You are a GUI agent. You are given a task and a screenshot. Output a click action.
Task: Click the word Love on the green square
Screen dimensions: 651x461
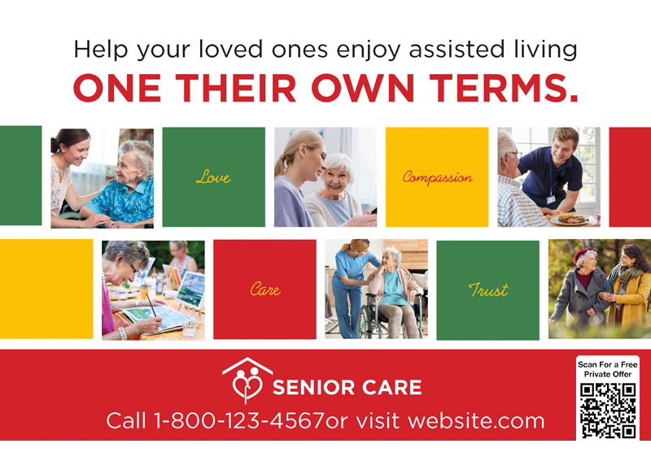click(x=213, y=177)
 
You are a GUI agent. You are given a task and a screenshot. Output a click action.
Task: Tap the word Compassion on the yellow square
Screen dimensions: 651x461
click(x=437, y=177)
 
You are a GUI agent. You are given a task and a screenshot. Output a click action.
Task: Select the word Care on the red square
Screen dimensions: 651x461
click(x=265, y=289)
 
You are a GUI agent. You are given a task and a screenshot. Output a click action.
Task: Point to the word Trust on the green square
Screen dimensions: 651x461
click(x=488, y=289)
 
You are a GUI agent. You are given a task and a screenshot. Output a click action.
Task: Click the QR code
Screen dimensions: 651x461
click(x=608, y=411)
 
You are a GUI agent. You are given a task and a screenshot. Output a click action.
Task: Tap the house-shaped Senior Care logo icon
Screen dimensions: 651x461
click(x=247, y=380)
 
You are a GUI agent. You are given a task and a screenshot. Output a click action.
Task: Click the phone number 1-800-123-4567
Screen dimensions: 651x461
click(x=239, y=420)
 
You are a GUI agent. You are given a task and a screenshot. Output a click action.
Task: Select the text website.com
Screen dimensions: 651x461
click(x=476, y=420)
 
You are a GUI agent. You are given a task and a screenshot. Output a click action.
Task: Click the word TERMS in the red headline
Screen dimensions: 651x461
click(x=504, y=88)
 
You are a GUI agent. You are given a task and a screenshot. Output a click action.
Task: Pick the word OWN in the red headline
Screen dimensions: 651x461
click(x=363, y=88)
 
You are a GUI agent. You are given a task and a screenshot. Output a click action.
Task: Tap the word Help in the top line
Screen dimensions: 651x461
click(x=101, y=50)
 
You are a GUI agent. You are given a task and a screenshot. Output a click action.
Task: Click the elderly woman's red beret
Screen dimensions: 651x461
click(x=584, y=253)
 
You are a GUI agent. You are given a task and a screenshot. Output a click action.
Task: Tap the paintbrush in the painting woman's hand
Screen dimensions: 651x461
click(x=151, y=307)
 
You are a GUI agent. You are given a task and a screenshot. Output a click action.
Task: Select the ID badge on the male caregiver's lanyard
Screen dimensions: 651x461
click(x=551, y=199)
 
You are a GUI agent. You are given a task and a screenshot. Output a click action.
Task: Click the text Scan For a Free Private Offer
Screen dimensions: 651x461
click(x=608, y=369)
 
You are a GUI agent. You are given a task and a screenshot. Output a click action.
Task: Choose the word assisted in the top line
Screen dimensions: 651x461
click(x=457, y=49)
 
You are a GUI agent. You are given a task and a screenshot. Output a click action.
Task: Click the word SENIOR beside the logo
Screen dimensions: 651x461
click(x=313, y=387)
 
